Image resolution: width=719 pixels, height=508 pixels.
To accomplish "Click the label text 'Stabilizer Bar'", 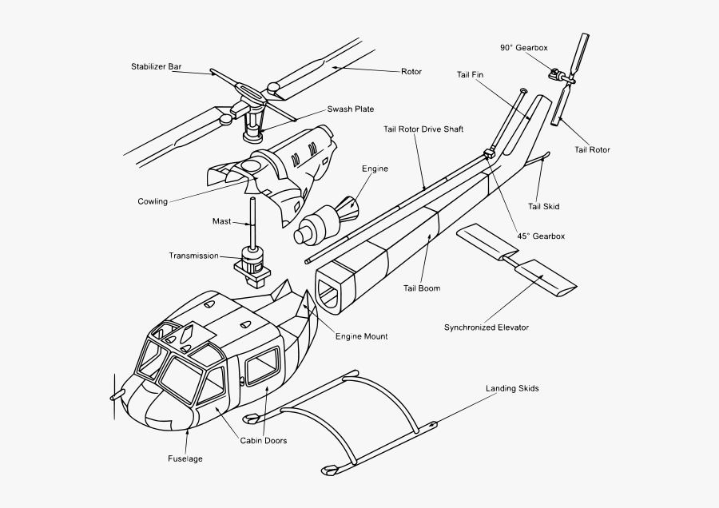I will point(157,66).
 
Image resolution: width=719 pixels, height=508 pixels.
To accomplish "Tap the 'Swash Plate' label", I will point(351,109).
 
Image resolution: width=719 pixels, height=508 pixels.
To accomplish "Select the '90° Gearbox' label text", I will point(524,48).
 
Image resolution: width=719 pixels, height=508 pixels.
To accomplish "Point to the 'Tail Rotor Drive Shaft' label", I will point(423,129).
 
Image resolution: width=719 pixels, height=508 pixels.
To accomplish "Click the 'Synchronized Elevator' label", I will point(487,327).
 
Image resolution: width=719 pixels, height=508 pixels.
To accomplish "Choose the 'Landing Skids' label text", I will point(512,389).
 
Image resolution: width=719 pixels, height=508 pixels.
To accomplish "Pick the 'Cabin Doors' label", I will point(264,441).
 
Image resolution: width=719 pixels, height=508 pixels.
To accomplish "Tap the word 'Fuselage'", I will point(185,459).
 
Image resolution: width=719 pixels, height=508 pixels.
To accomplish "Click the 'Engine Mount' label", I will point(361,337).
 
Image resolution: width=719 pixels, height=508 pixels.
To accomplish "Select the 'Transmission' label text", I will point(193,256).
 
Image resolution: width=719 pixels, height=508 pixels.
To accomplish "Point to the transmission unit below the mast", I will point(252,267).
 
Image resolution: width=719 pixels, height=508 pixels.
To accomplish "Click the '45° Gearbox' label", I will point(541,236).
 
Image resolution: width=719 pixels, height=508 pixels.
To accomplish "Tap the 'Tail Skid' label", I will point(543,207).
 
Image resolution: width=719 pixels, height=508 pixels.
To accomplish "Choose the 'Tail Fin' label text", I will point(470,75).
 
